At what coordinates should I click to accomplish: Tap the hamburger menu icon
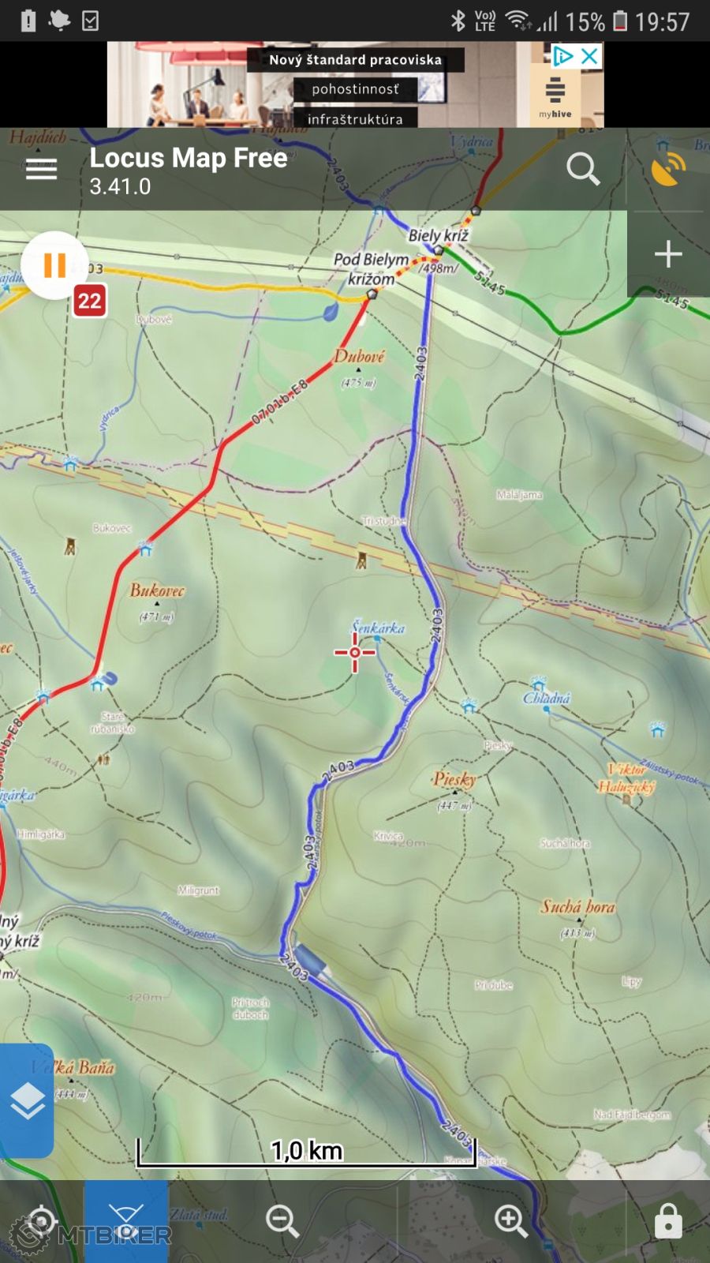coord(41,169)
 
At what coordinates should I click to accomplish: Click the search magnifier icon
coord(583,169)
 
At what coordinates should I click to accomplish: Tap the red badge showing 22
coord(89,301)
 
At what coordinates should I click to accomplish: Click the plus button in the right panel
coord(668,254)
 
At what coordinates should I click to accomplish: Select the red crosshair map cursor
coord(354,652)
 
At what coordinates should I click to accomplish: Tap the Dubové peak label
coord(359,357)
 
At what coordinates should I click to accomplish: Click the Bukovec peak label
coord(157,590)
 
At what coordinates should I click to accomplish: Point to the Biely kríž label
coord(438,235)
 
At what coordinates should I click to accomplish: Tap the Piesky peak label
coord(454,779)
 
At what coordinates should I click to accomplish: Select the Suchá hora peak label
coord(577,907)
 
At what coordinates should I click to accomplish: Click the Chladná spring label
coord(546,698)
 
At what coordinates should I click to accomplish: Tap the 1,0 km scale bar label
coord(306,1150)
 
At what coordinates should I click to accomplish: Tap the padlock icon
coord(668,1220)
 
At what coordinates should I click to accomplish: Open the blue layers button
coord(28,1101)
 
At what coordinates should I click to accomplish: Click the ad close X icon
coord(589,56)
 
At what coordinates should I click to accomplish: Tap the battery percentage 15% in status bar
coord(585,21)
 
